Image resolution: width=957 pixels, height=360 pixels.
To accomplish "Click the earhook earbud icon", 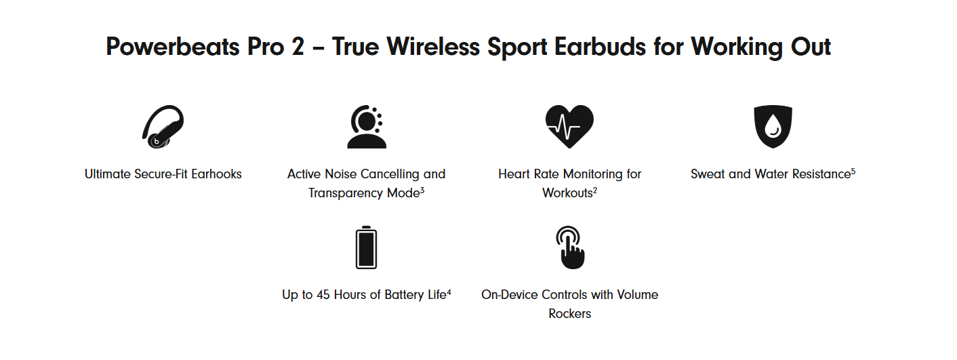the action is tap(163, 127).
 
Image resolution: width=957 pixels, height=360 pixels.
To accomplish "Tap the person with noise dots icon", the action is tap(367, 127).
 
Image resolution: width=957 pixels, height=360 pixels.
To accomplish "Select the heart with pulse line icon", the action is tap(569, 127).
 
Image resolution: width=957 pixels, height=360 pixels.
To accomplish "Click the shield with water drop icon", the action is tap(773, 127).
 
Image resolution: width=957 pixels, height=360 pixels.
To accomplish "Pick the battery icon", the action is tap(366, 247).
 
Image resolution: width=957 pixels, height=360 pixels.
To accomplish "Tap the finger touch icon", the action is tap(571, 247).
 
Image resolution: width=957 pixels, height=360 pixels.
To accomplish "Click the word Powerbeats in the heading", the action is tap(173, 47).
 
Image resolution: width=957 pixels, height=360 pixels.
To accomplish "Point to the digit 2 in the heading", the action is tap(298, 46).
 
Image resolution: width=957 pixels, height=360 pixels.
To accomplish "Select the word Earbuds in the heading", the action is tap(600, 46).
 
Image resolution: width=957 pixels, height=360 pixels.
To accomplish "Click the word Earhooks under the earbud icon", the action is tap(216, 174).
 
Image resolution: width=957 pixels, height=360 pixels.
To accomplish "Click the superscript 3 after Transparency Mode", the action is tap(422, 191).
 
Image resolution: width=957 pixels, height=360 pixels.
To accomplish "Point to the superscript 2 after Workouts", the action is tap(595, 191).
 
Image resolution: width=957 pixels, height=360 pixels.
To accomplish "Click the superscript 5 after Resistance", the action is tap(853, 172).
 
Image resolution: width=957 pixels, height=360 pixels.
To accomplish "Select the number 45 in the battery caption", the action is tap(323, 295).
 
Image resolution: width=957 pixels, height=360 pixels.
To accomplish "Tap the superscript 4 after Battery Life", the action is tap(449, 292).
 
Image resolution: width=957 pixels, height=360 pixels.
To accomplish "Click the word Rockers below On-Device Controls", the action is tap(569, 314).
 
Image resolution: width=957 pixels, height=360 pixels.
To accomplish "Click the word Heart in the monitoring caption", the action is tap(512, 174).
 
